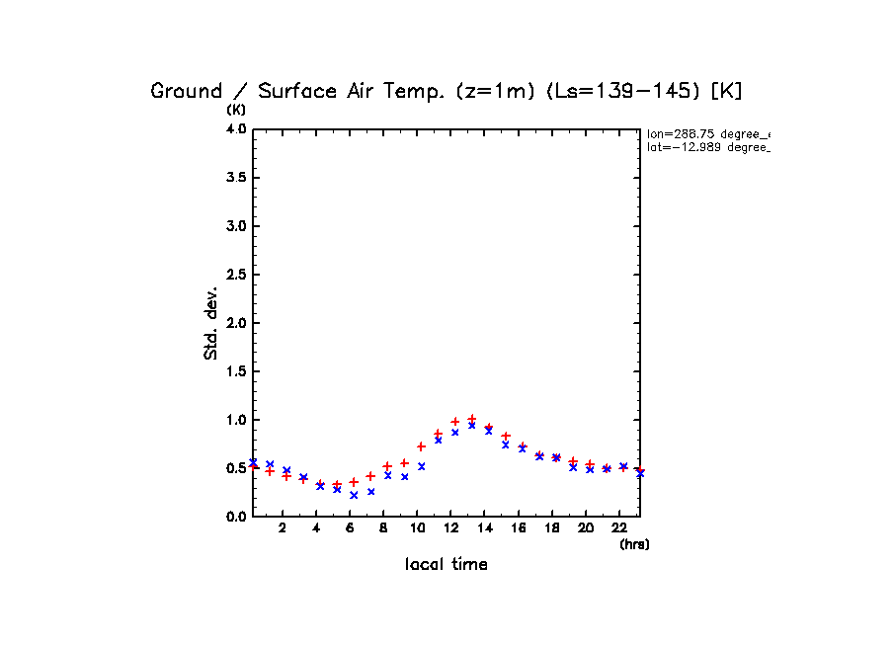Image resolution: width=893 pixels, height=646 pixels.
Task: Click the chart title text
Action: click(446, 91)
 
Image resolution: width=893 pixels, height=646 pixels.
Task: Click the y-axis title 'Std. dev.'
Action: click(211, 323)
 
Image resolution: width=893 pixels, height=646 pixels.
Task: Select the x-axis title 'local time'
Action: click(446, 565)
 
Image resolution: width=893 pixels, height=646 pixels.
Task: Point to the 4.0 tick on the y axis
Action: click(236, 129)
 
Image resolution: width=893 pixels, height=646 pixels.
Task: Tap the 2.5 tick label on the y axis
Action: click(236, 275)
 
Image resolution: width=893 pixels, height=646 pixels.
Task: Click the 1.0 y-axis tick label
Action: click(236, 420)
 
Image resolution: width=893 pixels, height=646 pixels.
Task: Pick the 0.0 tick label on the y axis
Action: click(236, 517)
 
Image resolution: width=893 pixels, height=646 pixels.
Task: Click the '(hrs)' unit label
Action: click(634, 544)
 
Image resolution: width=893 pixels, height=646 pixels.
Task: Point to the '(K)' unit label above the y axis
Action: click(237, 109)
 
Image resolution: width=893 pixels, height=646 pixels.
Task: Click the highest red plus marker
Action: click(472, 419)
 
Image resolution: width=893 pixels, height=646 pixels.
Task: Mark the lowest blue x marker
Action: click(354, 495)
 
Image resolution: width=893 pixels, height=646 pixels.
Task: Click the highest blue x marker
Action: click(472, 426)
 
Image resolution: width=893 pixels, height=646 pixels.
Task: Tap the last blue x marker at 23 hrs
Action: click(640, 473)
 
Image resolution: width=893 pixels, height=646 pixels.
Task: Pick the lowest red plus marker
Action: click(337, 485)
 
